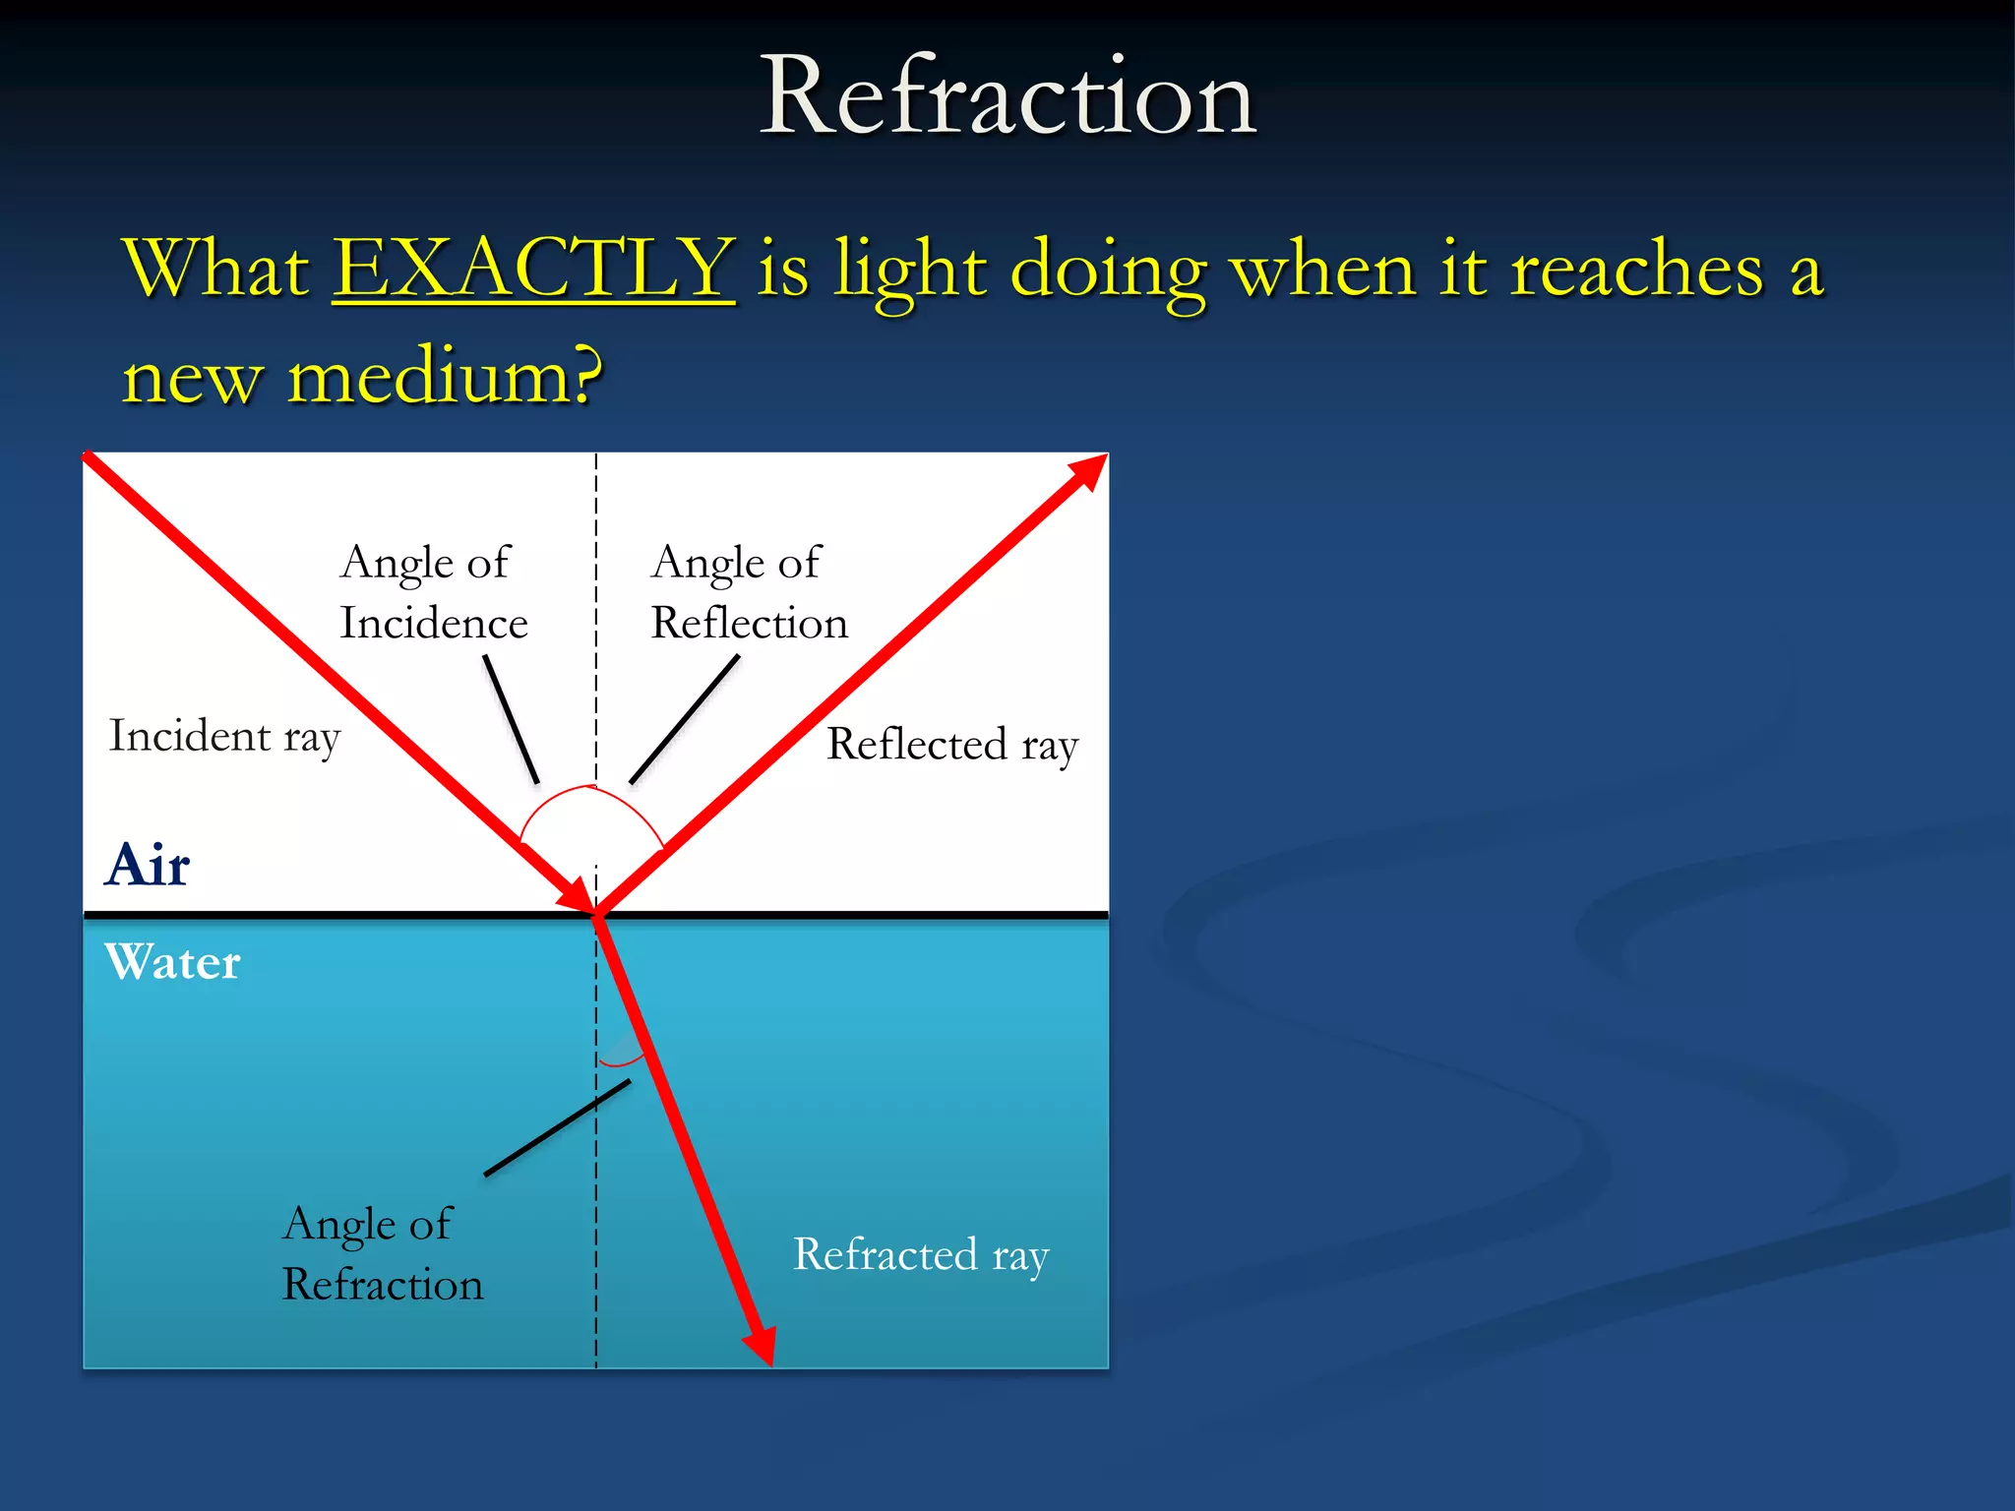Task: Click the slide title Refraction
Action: pyautogui.click(x=1007, y=96)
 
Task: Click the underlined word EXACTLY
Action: pyautogui.click(x=533, y=268)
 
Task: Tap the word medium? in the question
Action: pyautogui.click(x=445, y=377)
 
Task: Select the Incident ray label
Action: pyautogui.click(x=224, y=737)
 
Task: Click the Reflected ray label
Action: pyautogui.click(x=951, y=745)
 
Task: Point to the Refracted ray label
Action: pyautogui.click(x=920, y=1254)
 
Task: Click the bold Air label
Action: pyautogui.click(x=148, y=866)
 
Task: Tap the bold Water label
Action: pyautogui.click(x=173, y=962)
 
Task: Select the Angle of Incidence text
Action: pyautogui.click(x=433, y=592)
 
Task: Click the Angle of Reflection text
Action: pyautogui.click(x=748, y=592)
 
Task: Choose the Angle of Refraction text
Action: pyautogui.click(x=382, y=1254)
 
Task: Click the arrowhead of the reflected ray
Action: pyautogui.click(x=1087, y=472)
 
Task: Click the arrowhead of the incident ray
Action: pyautogui.click(x=576, y=895)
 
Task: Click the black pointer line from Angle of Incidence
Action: pyautogui.click(x=511, y=719)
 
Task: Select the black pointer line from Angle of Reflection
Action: pyautogui.click(x=685, y=719)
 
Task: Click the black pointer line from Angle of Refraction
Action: pyautogui.click(x=557, y=1128)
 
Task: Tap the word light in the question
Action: pyautogui.click(x=910, y=271)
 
